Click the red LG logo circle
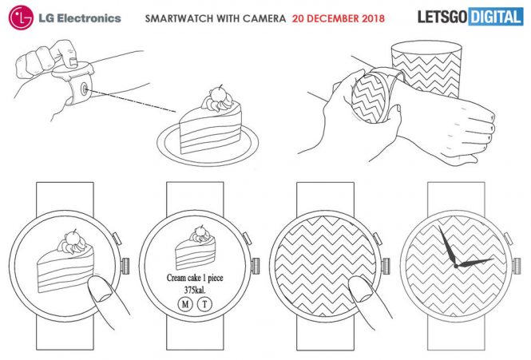[x=21, y=18]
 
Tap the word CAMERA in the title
[x=264, y=18]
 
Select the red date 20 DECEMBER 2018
[x=339, y=18]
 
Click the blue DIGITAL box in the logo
[x=496, y=17]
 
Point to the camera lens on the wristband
[x=84, y=89]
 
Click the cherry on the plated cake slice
[x=216, y=93]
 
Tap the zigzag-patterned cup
[x=426, y=69]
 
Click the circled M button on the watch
[x=185, y=304]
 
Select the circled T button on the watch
[x=204, y=304]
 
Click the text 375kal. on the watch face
[x=195, y=291]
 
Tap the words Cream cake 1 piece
[x=195, y=278]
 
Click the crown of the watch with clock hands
[x=517, y=266]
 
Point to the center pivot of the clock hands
[x=456, y=266]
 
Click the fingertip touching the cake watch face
[x=99, y=289]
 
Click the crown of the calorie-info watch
[x=256, y=266]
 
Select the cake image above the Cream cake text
[x=195, y=248]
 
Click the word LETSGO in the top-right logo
[x=442, y=17]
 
